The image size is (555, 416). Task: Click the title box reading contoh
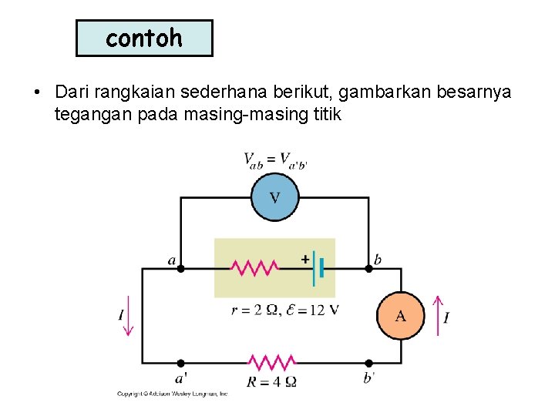coord(144,39)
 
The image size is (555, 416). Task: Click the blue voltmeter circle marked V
coord(274,197)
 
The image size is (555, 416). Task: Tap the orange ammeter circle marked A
coord(400,315)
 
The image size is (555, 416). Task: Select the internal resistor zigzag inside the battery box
coord(255,268)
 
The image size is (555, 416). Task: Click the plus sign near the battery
coord(305,260)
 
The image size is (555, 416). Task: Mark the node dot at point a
coord(180,269)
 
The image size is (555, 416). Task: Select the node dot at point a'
coord(180,363)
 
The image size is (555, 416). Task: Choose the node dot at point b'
coord(368,363)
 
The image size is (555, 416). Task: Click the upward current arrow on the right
coord(437,316)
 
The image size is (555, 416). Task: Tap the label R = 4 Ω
coord(271,381)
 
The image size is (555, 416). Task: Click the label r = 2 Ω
coord(255,310)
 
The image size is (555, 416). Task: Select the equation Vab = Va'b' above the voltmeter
coord(275,160)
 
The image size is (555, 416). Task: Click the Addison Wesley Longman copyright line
coord(172,394)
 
